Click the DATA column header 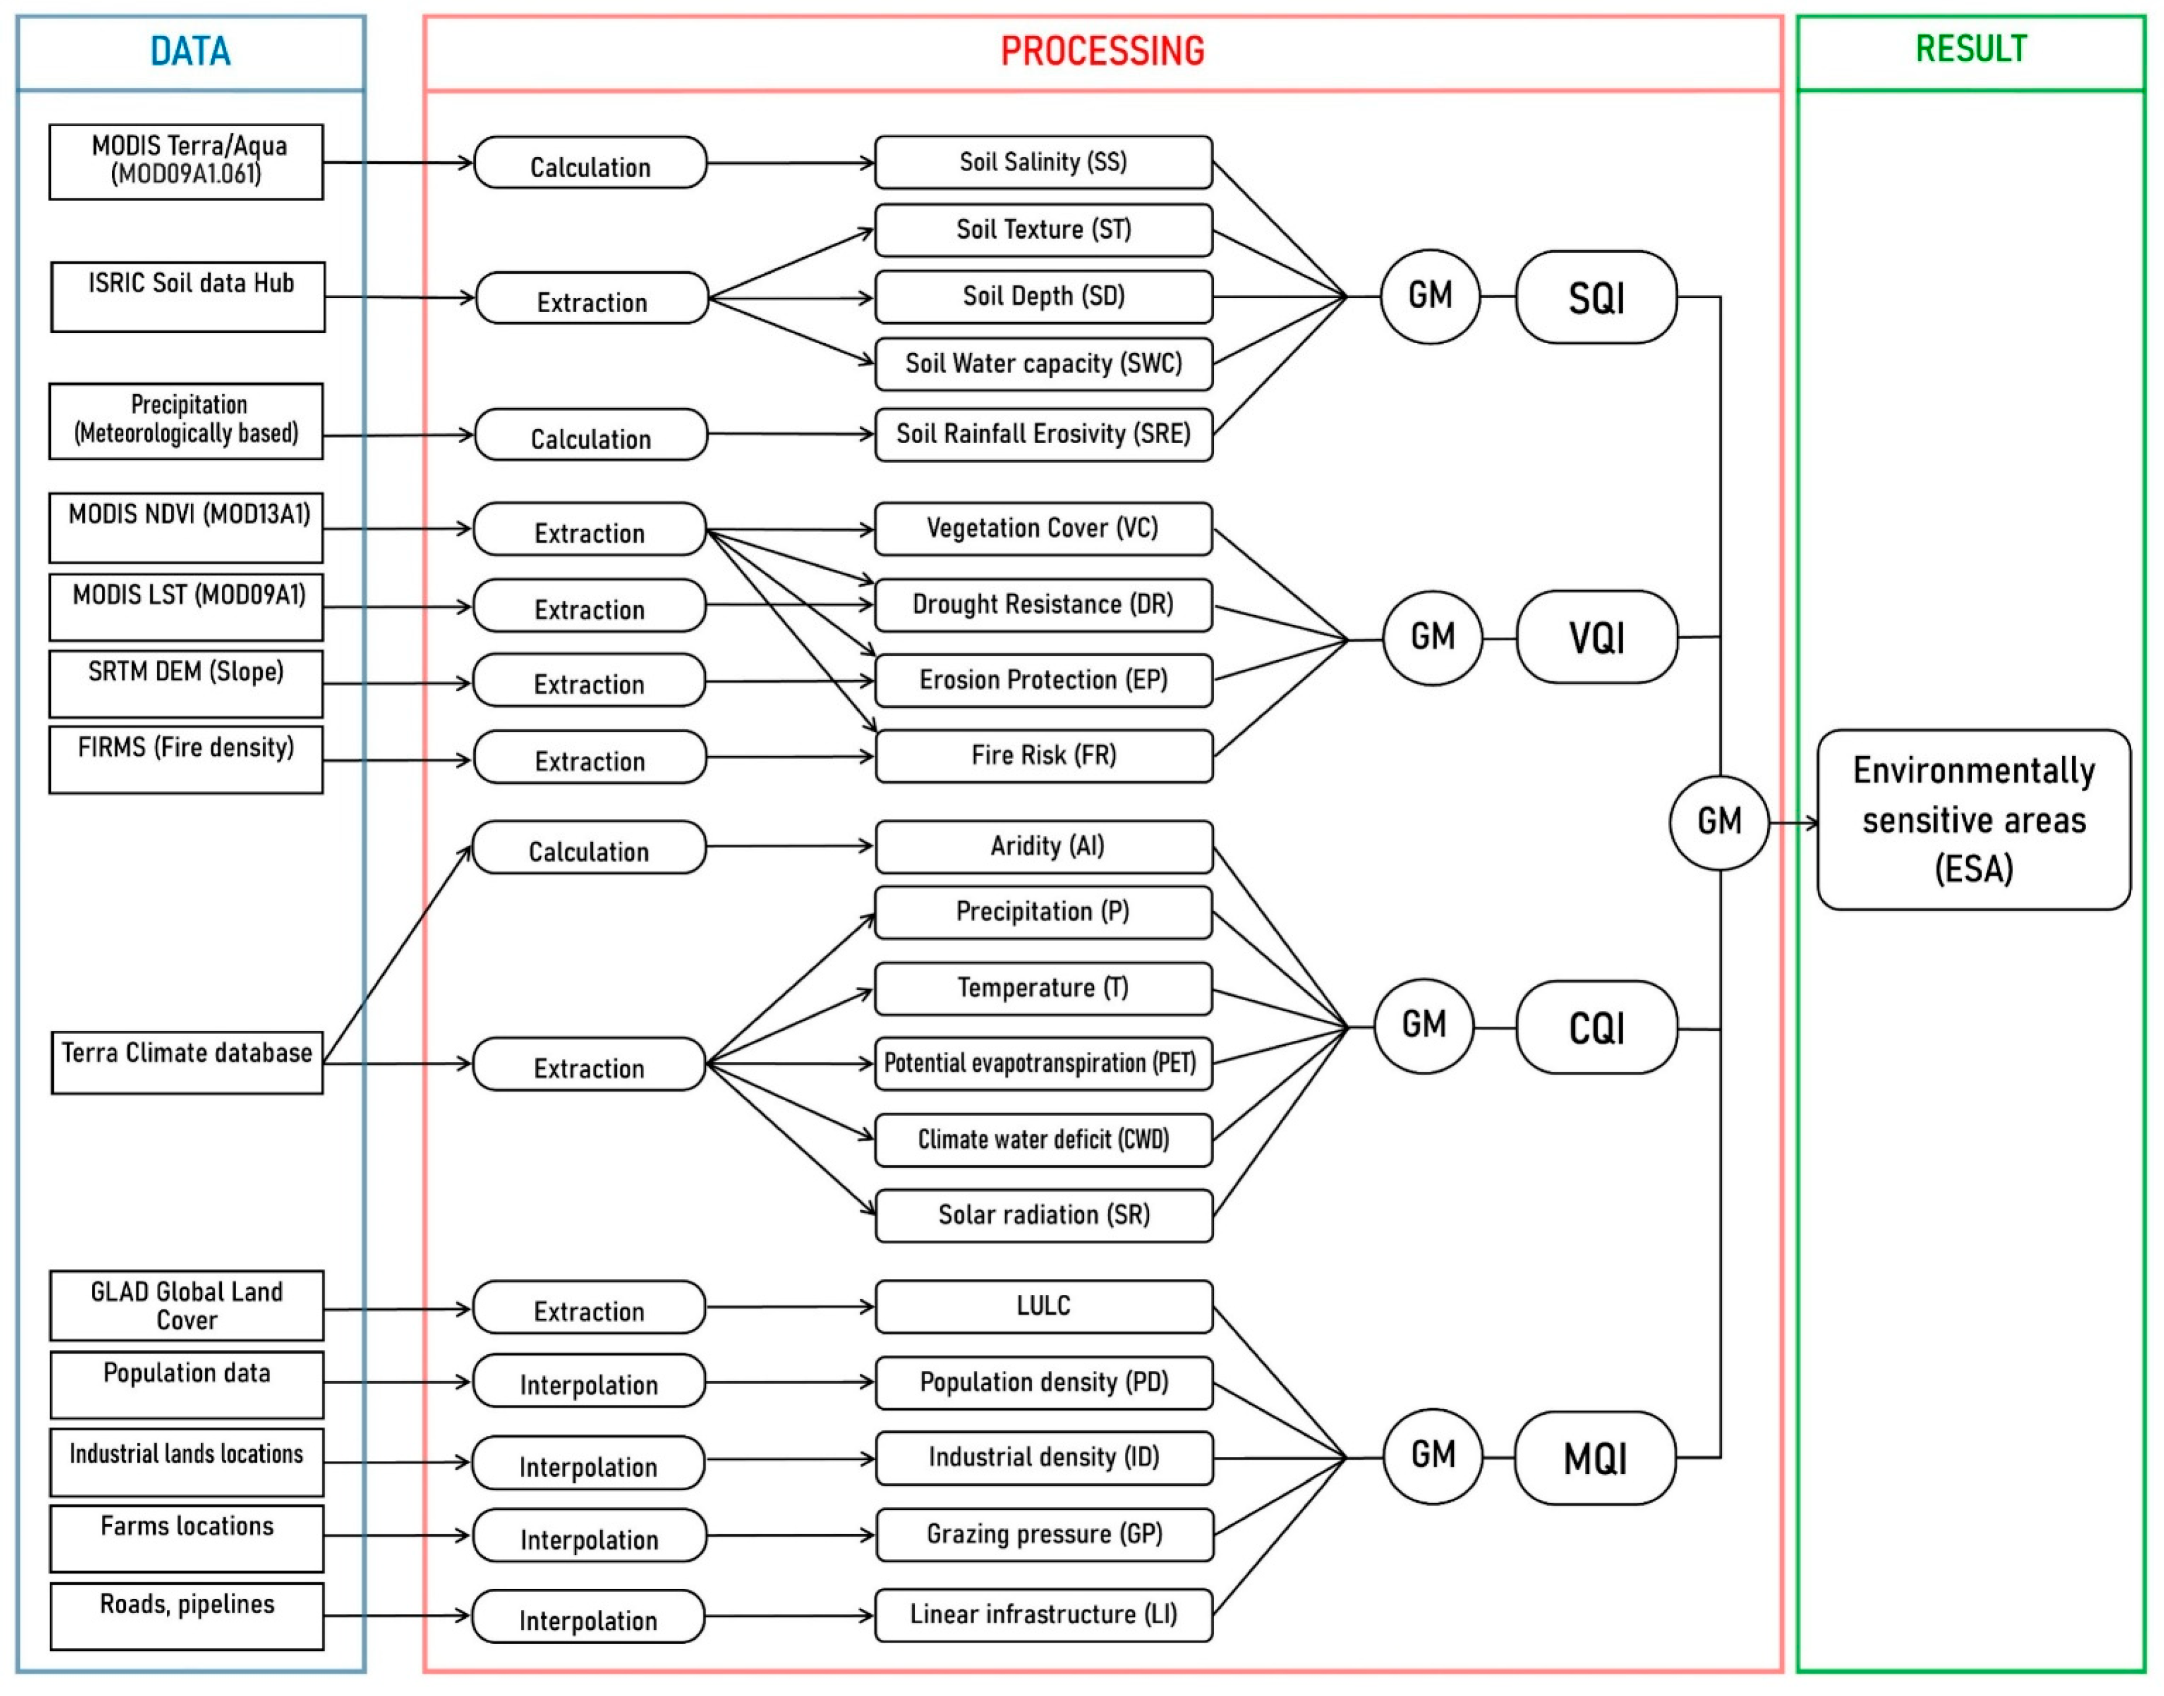coord(190,51)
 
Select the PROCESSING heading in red coord(1102,51)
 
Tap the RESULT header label coord(1971,49)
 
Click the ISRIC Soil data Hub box coord(188,297)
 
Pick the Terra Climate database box coord(188,1062)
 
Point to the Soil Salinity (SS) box coord(1044,162)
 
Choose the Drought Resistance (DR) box coord(1044,604)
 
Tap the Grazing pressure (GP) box coord(1044,1534)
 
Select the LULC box coord(1044,1307)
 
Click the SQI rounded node coord(1596,297)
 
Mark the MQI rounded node coord(1595,1457)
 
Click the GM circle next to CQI coord(1424,1027)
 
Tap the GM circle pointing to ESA coord(1719,822)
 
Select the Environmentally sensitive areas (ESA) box coord(1974,820)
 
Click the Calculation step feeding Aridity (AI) coord(589,847)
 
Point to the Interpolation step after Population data coord(589,1381)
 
